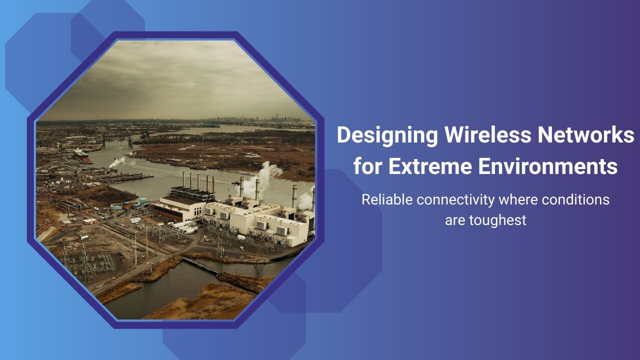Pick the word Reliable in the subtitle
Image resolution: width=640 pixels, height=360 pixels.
pos(387,199)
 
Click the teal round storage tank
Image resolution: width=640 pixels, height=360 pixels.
pos(116,206)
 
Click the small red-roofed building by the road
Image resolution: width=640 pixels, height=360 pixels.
pos(89,220)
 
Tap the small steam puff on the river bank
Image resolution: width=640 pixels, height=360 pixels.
pos(118,162)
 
